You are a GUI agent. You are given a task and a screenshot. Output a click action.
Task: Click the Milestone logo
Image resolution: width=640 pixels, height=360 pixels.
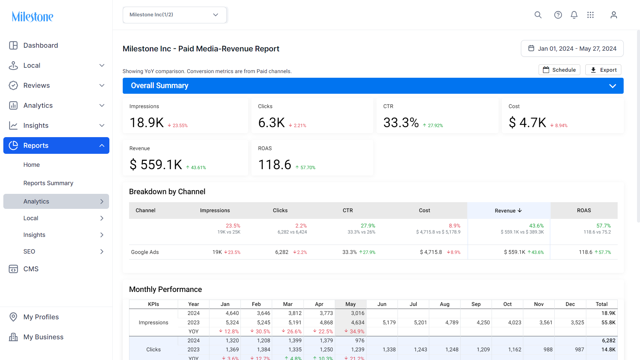pyautogui.click(x=32, y=16)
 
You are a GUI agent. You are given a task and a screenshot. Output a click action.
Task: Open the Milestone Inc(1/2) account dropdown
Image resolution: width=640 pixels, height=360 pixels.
pyautogui.click(x=174, y=15)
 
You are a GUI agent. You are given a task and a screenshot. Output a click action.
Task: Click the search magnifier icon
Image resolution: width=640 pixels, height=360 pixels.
pyautogui.click(x=538, y=15)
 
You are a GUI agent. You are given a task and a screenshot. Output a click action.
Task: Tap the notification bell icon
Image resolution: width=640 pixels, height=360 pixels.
pyautogui.click(x=574, y=15)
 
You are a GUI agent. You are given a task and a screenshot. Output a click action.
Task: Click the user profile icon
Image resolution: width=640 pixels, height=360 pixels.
pyautogui.click(x=614, y=15)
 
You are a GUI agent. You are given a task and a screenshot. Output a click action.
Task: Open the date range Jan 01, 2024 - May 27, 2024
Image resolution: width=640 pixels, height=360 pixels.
pyautogui.click(x=572, y=48)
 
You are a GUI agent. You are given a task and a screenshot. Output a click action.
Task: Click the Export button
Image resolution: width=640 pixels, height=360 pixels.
pyautogui.click(x=603, y=70)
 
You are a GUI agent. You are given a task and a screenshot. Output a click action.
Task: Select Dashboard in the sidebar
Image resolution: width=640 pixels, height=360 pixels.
pyautogui.click(x=40, y=45)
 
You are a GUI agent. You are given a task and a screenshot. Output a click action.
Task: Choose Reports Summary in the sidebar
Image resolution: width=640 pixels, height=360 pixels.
pyautogui.click(x=48, y=183)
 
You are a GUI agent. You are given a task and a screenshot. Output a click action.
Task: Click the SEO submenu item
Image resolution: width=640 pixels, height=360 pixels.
pyautogui.click(x=29, y=252)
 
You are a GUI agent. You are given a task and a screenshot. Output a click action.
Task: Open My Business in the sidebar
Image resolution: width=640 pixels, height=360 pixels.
pyautogui.click(x=43, y=337)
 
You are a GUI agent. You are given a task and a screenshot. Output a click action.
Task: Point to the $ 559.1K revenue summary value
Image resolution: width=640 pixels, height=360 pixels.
pyautogui.click(x=156, y=164)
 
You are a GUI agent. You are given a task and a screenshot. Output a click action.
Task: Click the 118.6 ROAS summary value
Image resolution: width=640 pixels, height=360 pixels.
pyautogui.click(x=275, y=164)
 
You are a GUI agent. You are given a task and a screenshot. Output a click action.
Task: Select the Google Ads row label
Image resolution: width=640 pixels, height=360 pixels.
pyautogui.click(x=145, y=252)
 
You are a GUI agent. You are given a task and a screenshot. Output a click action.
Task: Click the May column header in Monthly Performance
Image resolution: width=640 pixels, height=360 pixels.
pyautogui.click(x=351, y=304)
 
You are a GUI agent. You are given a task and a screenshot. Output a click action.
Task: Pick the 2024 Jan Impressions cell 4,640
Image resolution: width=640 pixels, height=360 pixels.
pyautogui.click(x=232, y=313)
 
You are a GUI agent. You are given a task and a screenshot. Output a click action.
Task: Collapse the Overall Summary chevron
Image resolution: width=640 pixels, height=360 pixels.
pyautogui.click(x=613, y=86)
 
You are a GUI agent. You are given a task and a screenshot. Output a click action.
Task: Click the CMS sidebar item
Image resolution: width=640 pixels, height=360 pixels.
pyautogui.click(x=31, y=269)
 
